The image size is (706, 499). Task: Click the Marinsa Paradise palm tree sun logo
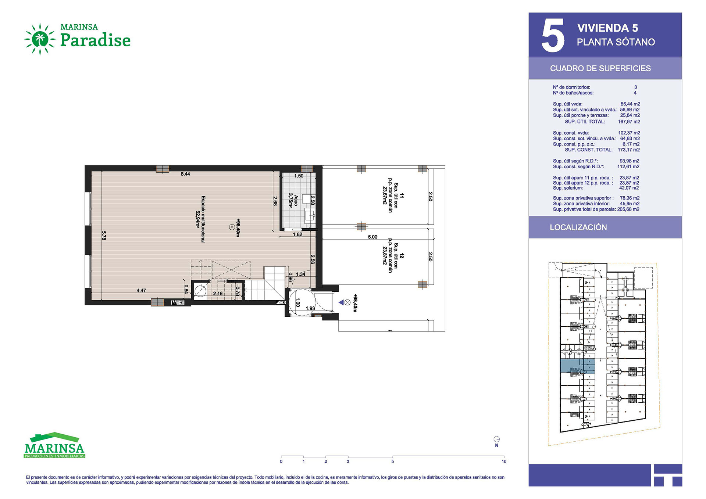(x=40, y=39)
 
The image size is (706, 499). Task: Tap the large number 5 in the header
(x=553, y=35)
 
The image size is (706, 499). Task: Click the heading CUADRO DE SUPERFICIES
(x=600, y=68)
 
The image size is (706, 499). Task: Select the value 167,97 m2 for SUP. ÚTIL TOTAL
(x=629, y=122)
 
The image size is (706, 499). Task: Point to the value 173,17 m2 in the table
(x=629, y=150)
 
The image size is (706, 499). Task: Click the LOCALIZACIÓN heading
(x=578, y=227)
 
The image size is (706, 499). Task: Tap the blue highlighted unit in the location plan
(x=577, y=366)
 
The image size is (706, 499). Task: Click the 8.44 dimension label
(x=185, y=174)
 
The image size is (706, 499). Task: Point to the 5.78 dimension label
(x=104, y=236)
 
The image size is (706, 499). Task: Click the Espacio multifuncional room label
(x=200, y=219)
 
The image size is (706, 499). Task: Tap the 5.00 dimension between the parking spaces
(x=372, y=237)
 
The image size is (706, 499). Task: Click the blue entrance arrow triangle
(x=341, y=302)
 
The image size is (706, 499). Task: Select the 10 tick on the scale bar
(x=504, y=462)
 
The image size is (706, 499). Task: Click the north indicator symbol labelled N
(x=496, y=441)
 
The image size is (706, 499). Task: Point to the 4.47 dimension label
(x=141, y=291)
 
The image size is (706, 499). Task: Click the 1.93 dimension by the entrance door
(x=310, y=308)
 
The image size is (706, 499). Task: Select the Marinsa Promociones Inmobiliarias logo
(x=54, y=445)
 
